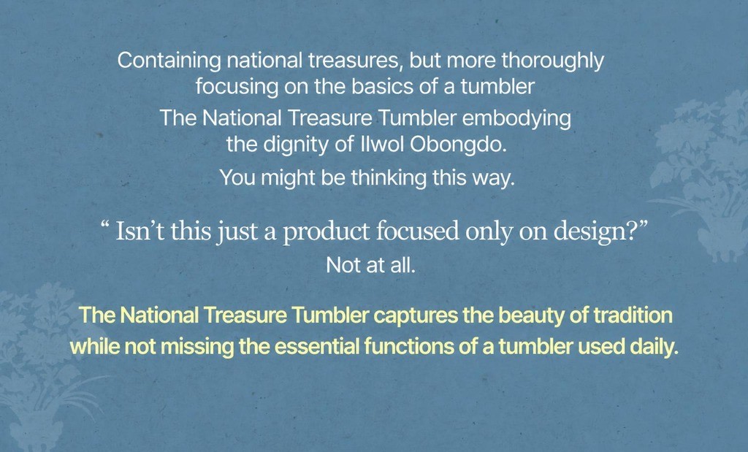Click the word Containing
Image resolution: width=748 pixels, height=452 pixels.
[x=169, y=61]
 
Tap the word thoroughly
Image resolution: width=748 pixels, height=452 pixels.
[x=553, y=61]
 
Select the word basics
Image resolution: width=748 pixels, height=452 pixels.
[x=379, y=86]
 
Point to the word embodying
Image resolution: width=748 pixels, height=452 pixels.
[x=516, y=119]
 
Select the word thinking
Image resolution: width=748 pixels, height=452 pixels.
[x=389, y=178]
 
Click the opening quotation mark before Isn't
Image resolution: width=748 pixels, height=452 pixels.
[x=105, y=225]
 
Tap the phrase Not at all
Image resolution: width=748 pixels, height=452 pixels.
[x=370, y=265]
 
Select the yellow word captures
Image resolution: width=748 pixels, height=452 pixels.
[x=416, y=315]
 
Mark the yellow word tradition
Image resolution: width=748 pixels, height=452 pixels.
[x=633, y=315]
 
